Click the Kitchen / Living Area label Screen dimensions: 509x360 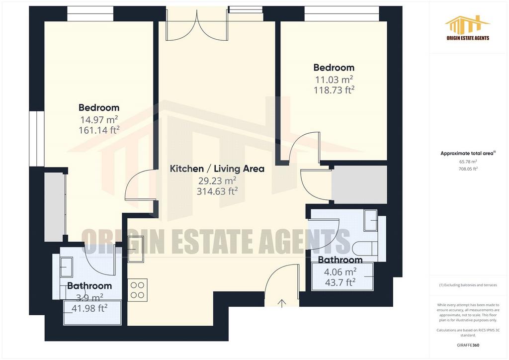coord(217,169)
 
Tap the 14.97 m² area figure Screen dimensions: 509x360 coord(99,119)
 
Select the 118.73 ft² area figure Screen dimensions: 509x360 coord(334,90)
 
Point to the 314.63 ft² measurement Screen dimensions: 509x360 coord(217,191)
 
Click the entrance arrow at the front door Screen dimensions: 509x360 coord(282,303)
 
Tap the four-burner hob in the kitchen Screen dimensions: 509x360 coord(137,290)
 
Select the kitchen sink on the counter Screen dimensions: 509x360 coord(136,249)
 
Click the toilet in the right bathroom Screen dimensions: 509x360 coord(366,248)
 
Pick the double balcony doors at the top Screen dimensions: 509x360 coord(196,24)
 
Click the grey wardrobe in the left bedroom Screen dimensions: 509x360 coord(55,207)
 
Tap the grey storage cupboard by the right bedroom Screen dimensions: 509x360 coord(359,184)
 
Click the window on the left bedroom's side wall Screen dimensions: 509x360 coord(36,139)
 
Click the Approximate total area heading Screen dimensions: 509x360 coord(468,153)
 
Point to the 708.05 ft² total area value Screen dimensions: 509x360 coord(468,169)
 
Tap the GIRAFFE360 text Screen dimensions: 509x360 coord(468,345)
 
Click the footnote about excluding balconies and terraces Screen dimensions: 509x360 coord(468,285)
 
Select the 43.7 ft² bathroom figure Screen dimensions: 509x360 coord(340,282)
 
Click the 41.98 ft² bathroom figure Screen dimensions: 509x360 coord(89,308)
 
